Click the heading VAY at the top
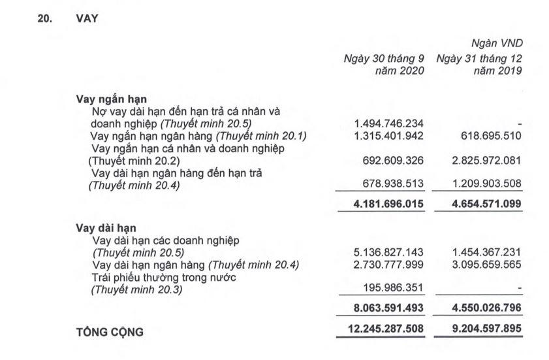(87, 19)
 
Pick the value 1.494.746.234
(388, 123)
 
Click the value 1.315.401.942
(388, 136)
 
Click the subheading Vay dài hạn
(106, 229)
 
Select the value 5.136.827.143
(388, 252)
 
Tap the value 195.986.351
(392, 288)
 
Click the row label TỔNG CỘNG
(110, 332)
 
